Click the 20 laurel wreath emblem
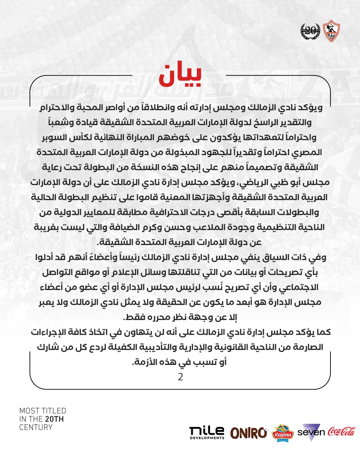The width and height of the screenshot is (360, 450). [x=310, y=31]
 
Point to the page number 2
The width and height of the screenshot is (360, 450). [x=180, y=377]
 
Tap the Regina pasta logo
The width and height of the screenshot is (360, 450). [x=283, y=432]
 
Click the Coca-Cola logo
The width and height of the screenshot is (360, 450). [x=342, y=431]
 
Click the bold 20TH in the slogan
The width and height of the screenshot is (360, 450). [x=54, y=419]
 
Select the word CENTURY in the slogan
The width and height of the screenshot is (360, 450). [x=36, y=427]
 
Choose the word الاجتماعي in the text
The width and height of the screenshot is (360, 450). [x=301, y=287]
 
